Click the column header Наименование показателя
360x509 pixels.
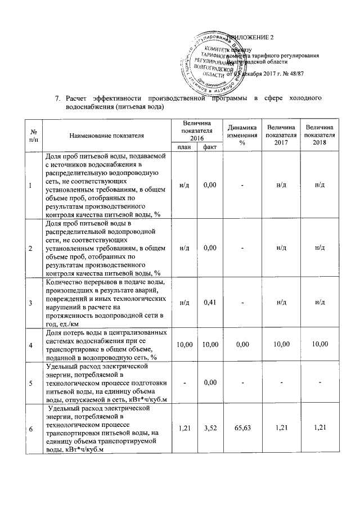click(107, 136)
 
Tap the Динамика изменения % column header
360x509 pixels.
click(242, 135)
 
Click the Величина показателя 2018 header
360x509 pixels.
click(319, 135)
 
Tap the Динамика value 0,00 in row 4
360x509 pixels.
click(242, 344)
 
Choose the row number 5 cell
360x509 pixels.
click(30, 384)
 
